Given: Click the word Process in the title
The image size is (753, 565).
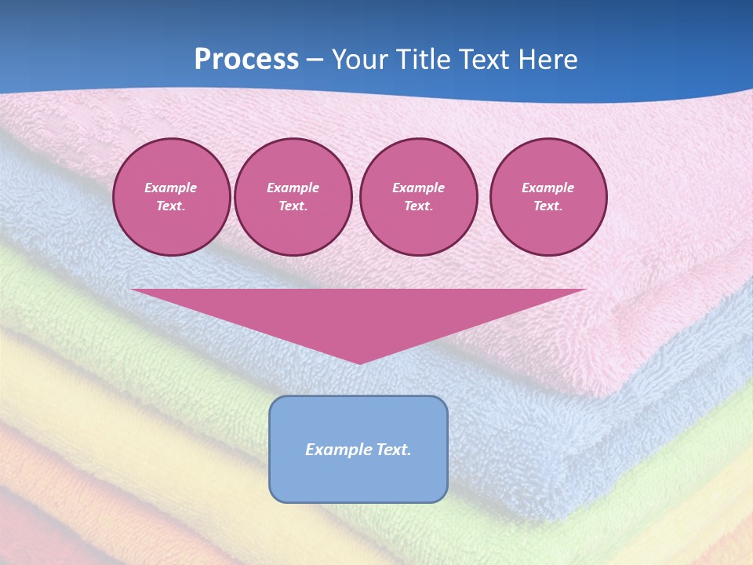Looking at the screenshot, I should [x=246, y=60].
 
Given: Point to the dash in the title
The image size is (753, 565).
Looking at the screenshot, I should [x=315, y=60].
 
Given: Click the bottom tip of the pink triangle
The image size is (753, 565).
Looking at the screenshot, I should [x=358, y=362].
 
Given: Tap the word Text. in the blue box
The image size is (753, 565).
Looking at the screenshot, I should [x=392, y=450].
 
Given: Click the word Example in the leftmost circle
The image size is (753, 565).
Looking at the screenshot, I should [x=171, y=188].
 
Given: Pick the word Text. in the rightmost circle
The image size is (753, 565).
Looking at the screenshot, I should [x=548, y=206].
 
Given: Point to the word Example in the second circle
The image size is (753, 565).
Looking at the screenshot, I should [x=293, y=188].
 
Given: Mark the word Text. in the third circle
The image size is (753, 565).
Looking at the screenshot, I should [x=419, y=206].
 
